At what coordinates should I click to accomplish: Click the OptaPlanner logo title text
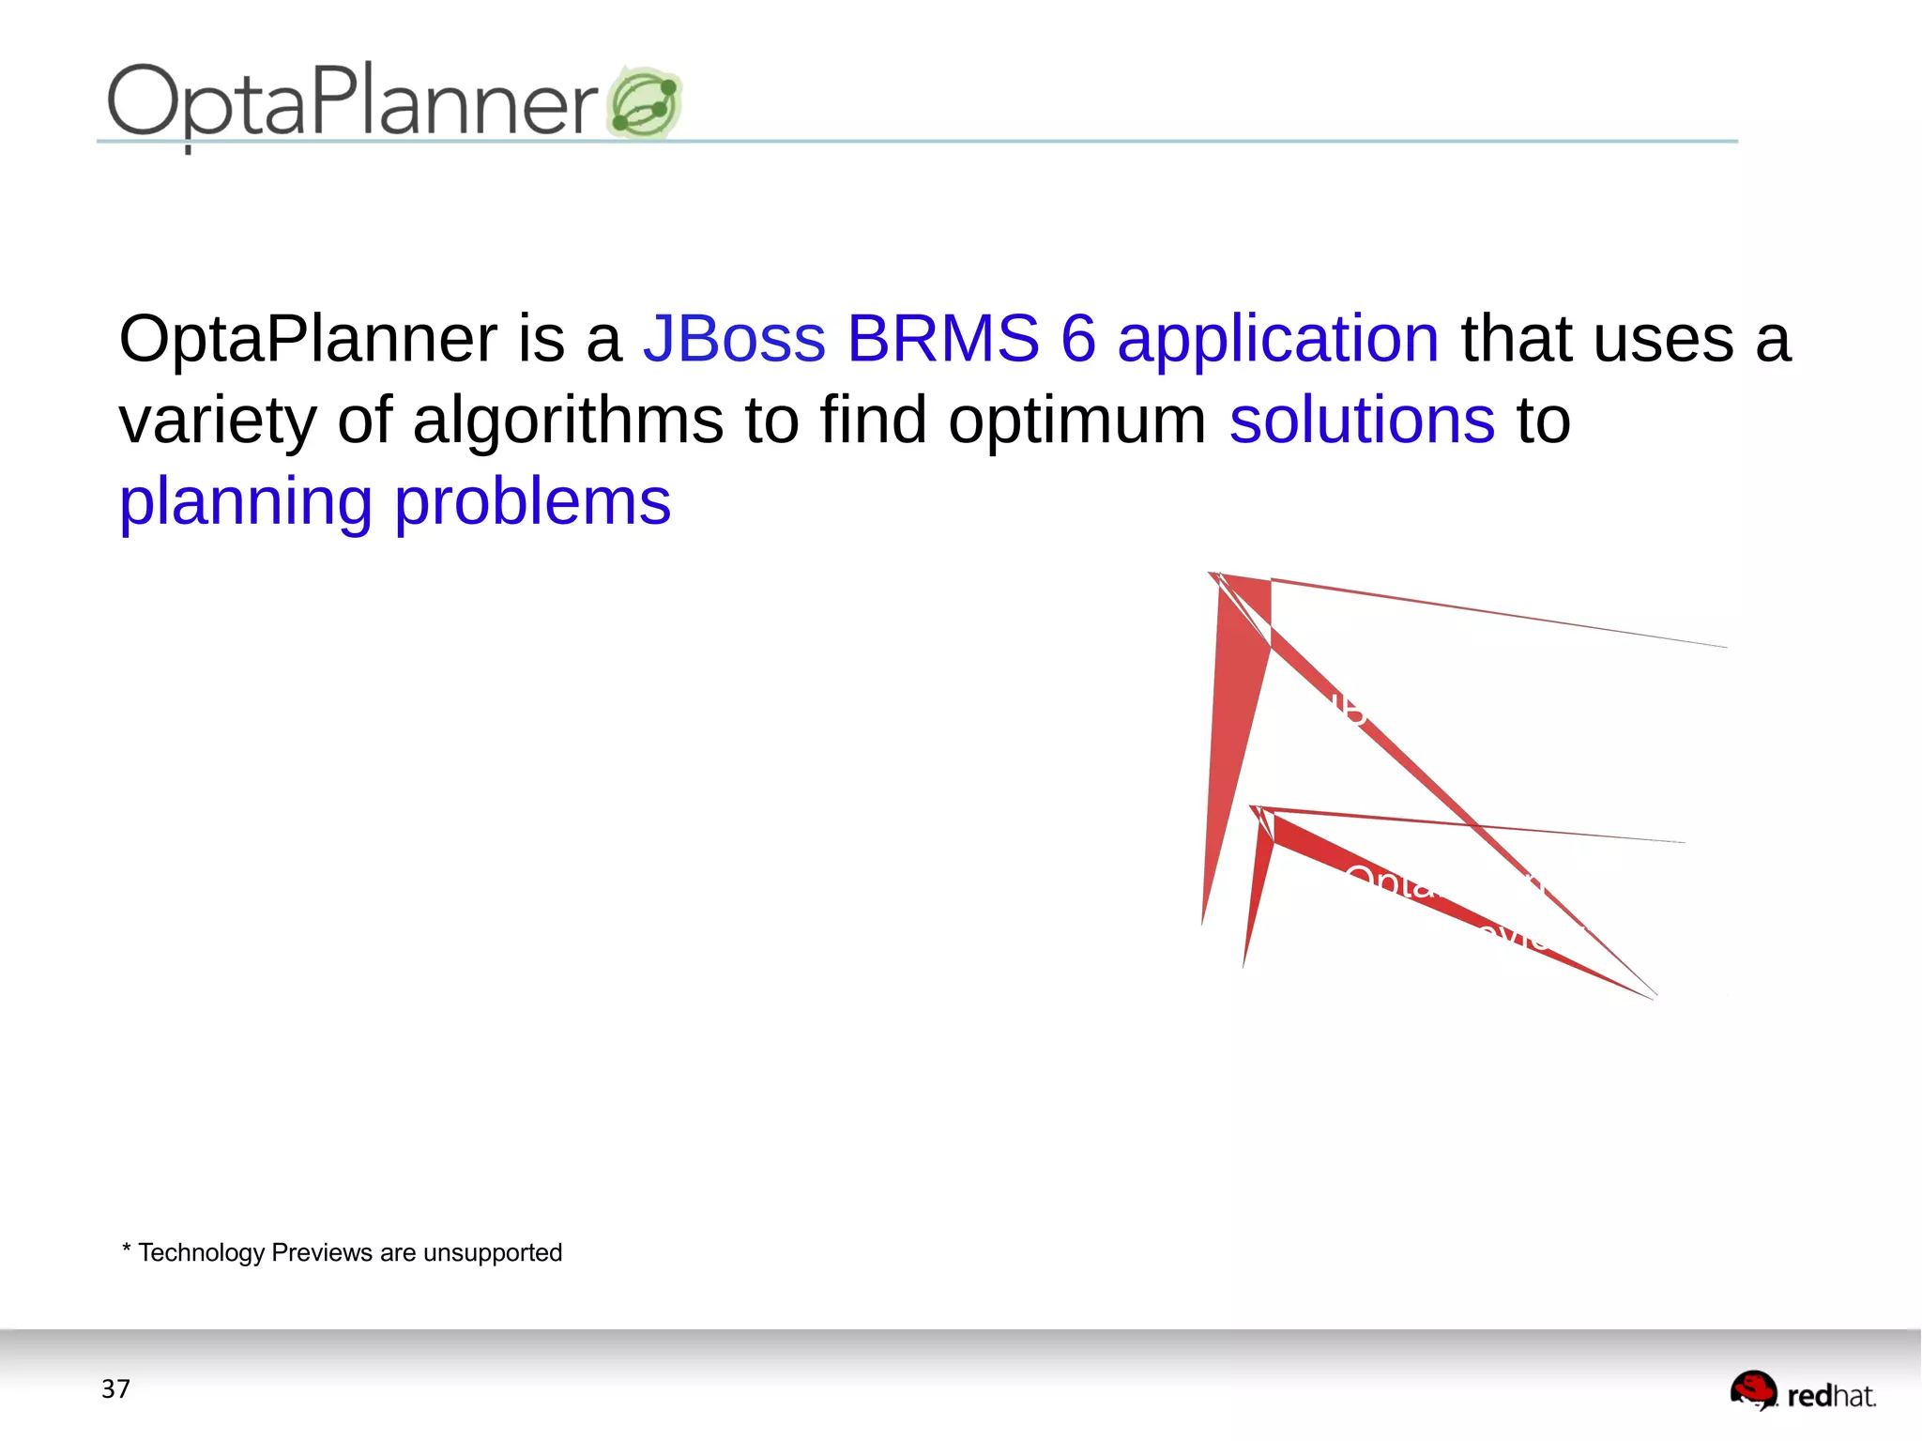pos(352,101)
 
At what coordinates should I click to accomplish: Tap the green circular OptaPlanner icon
pos(645,103)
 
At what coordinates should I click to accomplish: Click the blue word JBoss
pos(734,338)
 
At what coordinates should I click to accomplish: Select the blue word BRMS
pos(942,338)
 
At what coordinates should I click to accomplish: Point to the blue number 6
pos(1078,338)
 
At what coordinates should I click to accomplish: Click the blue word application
pos(1277,340)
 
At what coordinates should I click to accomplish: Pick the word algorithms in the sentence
pos(568,421)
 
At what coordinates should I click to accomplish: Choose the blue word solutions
pos(1362,420)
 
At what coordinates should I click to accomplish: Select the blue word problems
pos(532,502)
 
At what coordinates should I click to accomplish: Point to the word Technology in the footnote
pos(202,1253)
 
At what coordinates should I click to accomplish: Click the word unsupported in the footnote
pos(492,1254)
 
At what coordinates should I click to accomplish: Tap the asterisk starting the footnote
pos(126,1249)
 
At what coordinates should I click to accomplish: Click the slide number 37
pos(115,1388)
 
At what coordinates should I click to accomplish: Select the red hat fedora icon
pos(1753,1389)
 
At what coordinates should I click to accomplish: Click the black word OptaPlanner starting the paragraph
pos(308,340)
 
